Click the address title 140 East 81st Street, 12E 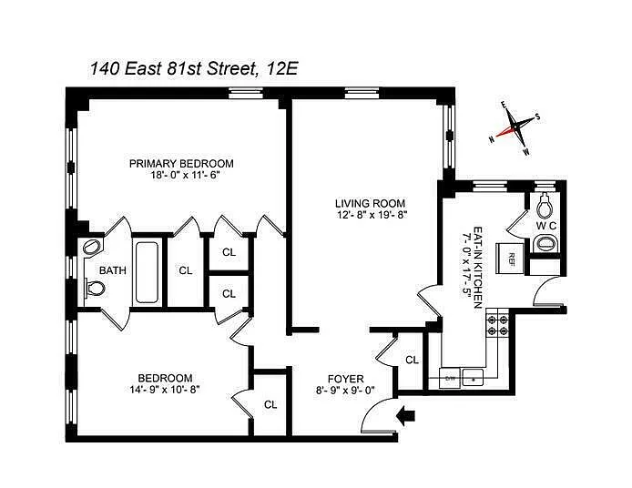coord(193,68)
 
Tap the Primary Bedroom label coord(181,163)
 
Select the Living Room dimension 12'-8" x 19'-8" coord(372,215)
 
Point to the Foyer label coord(345,379)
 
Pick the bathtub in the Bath coord(147,272)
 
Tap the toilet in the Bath coord(96,289)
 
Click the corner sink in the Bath coord(92,246)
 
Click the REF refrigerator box coord(512,256)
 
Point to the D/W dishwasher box coord(450,378)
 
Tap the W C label coord(545,226)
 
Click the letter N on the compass coord(492,139)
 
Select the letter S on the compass coord(537,117)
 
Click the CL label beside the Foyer coord(412,360)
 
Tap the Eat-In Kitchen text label coord(477,267)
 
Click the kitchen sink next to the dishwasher coord(473,378)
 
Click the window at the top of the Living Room coord(362,93)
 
